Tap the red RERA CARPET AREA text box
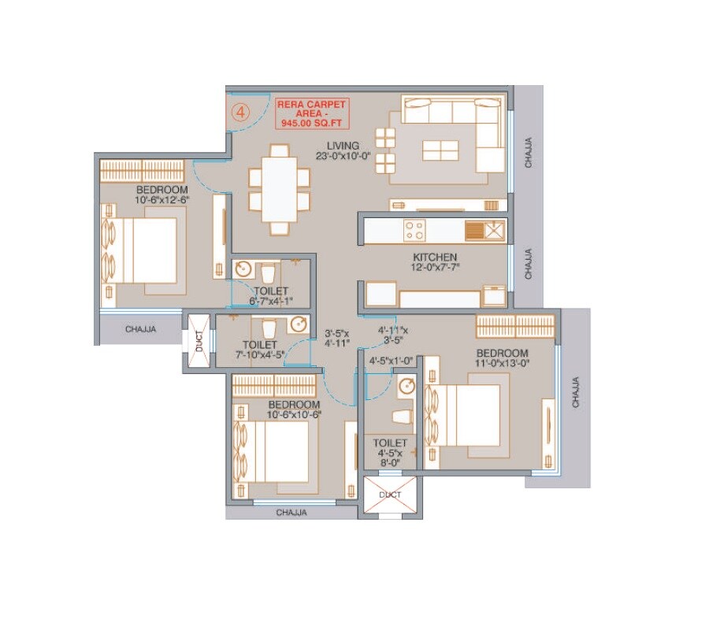(312, 113)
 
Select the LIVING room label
(344, 146)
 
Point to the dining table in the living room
(280, 188)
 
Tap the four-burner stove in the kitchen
(415, 231)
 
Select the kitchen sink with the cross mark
(494, 231)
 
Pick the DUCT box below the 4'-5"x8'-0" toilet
(391, 495)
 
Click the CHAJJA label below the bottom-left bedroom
(291, 513)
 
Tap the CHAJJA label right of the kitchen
(529, 265)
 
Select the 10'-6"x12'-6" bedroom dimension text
(161, 201)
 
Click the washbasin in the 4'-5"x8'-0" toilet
(406, 387)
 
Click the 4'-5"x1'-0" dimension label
(392, 362)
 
